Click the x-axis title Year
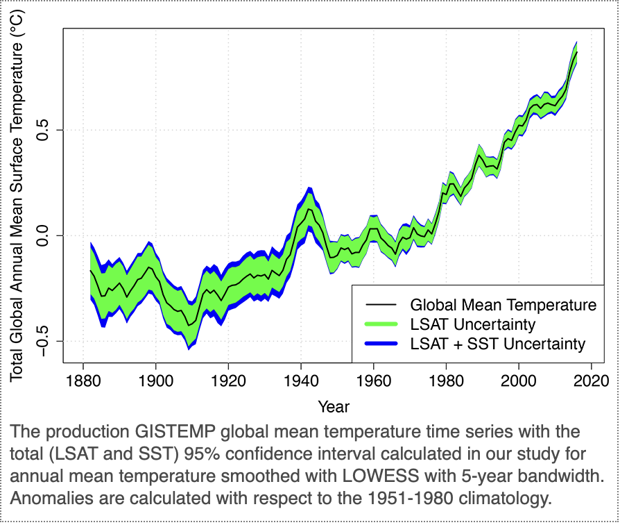tap(334, 406)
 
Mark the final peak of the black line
tap(576, 53)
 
